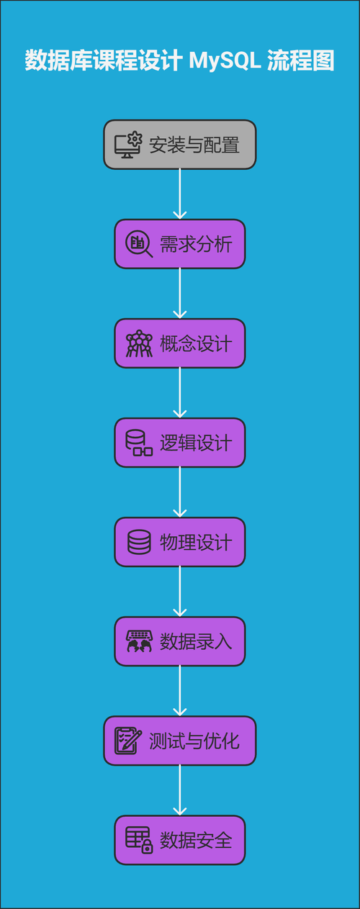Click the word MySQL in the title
point(225,61)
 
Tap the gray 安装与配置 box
point(180,145)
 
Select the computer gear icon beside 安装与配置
point(128,145)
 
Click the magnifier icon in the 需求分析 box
point(139,244)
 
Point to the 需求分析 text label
point(196,244)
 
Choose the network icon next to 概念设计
point(139,343)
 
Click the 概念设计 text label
point(196,343)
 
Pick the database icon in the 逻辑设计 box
point(139,443)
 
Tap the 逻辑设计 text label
point(196,443)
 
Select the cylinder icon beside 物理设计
point(139,542)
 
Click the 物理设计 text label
point(196,542)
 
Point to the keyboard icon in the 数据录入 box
point(139,641)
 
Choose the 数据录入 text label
point(196,641)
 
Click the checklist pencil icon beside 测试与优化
point(128,741)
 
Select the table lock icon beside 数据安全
point(139,840)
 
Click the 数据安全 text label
point(196,840)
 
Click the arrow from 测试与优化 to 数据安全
point(180,790)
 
